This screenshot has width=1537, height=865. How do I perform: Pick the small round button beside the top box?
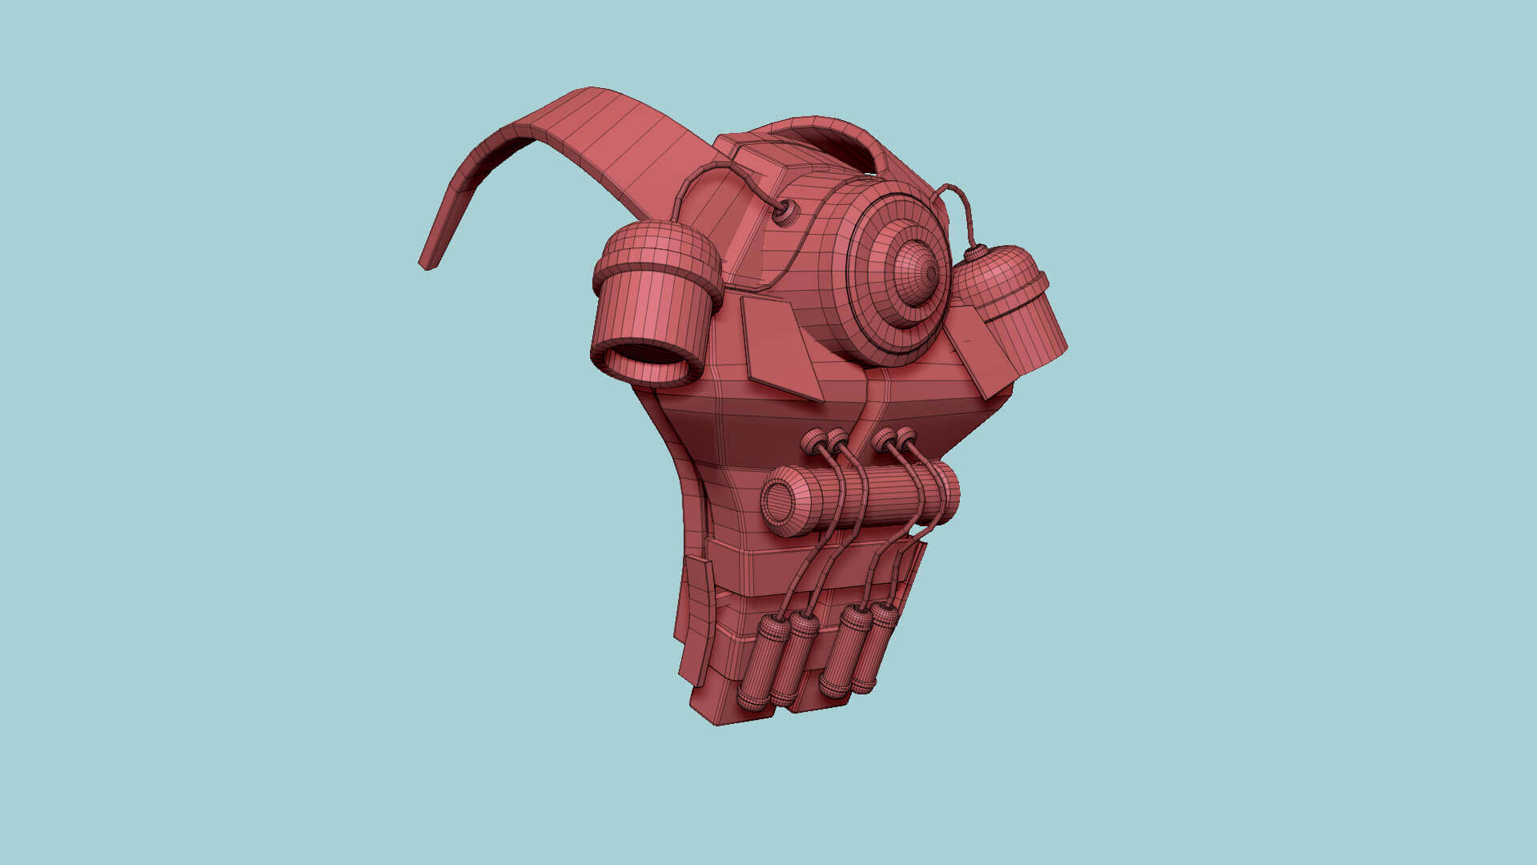[x=785, y=211]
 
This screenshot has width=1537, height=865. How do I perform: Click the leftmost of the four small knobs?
[x=813, y=441]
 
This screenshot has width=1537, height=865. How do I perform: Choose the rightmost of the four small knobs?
[x=905, y=438]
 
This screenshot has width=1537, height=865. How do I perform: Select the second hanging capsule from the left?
[x=793, y=659]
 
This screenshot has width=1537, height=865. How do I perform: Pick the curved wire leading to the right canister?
[x=961, y=204]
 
